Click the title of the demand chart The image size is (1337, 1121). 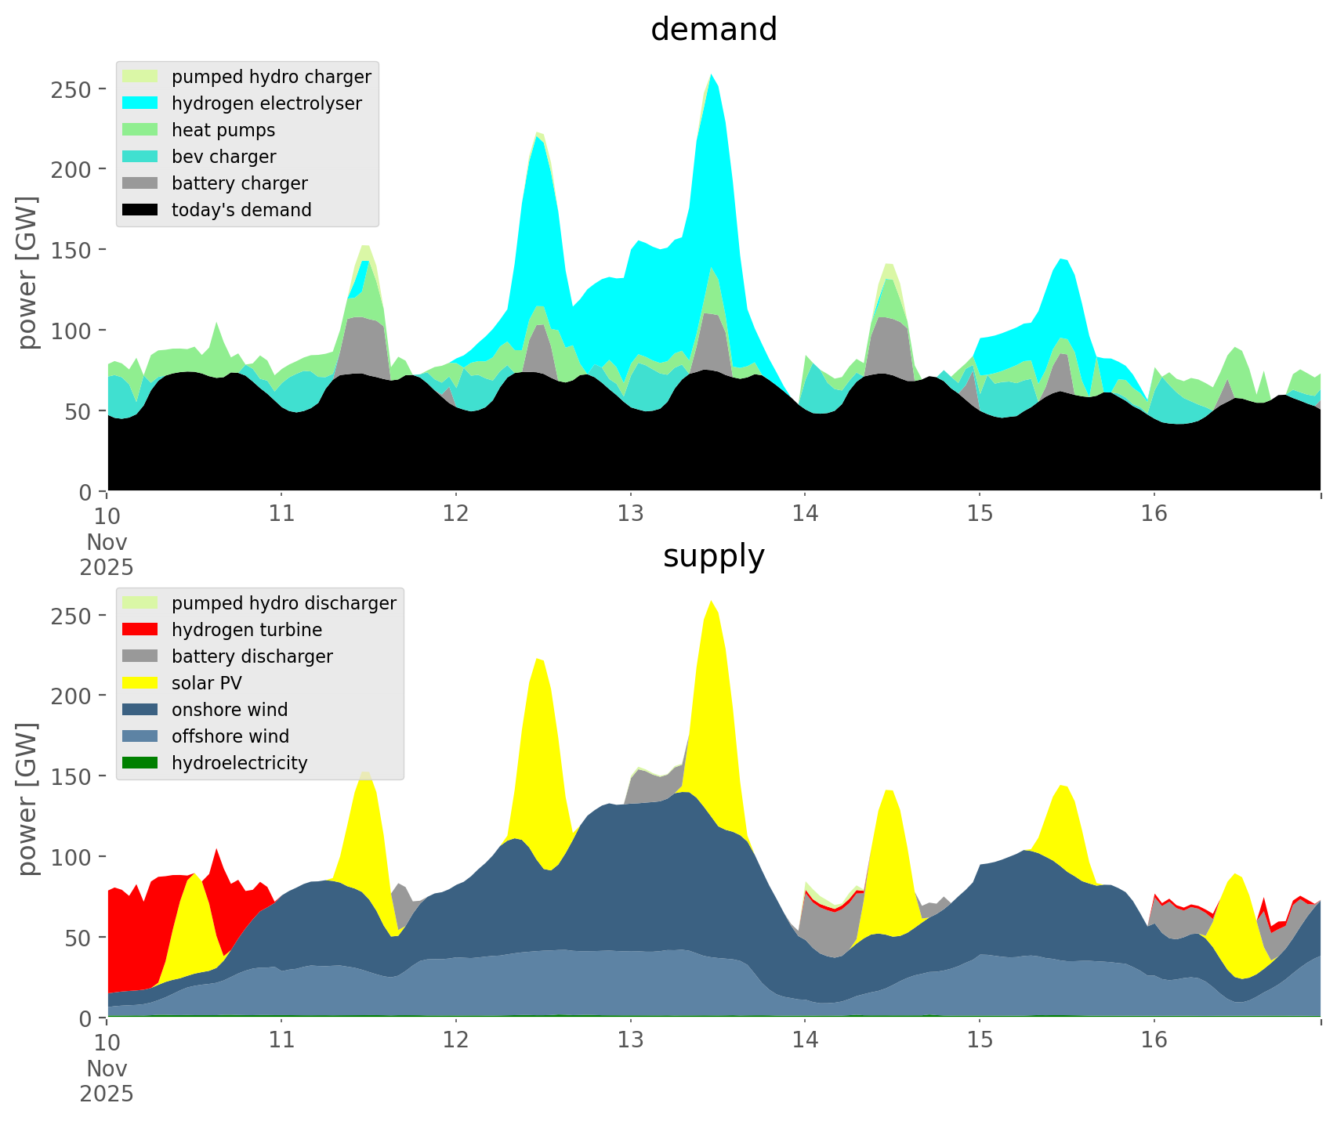coord(713,30)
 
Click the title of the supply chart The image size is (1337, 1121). coord(713,556)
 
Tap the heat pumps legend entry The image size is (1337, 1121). coord(223,130)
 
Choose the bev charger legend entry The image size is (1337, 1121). coord(223,157)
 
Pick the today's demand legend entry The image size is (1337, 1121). coord(241,210)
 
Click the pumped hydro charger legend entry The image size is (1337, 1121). coord(271,77)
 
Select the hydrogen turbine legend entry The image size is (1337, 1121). coord(247,630)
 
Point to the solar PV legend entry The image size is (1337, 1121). coord(207,683)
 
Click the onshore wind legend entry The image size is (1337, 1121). coord(230,710)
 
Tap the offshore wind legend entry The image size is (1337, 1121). coord(230,736)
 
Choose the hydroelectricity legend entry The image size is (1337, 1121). coord(239,763)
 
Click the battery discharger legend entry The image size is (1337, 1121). coord(252,656)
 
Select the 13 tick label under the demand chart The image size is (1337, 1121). coord(630,514)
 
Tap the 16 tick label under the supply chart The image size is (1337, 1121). coord(1154,1040)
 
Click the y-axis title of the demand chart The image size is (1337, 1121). coord(27,273)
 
